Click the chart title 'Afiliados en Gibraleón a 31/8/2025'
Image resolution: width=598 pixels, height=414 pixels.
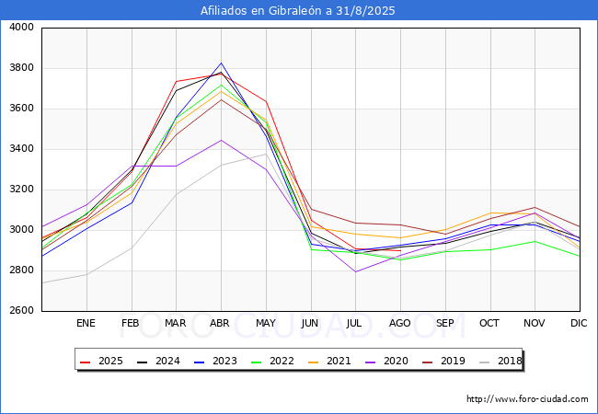(299, 11)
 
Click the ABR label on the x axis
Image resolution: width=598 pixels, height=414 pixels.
(221, 324)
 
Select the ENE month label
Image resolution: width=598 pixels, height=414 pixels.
(86, 324)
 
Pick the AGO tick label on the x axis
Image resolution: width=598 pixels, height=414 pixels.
(400, 324)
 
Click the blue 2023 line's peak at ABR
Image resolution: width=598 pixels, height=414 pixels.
(221, 63)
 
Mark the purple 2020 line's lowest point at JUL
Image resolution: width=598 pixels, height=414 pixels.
(355, 271)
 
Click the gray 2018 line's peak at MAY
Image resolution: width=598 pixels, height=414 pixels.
(266, 154)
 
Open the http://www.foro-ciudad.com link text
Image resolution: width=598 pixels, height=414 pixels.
(527, 399)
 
